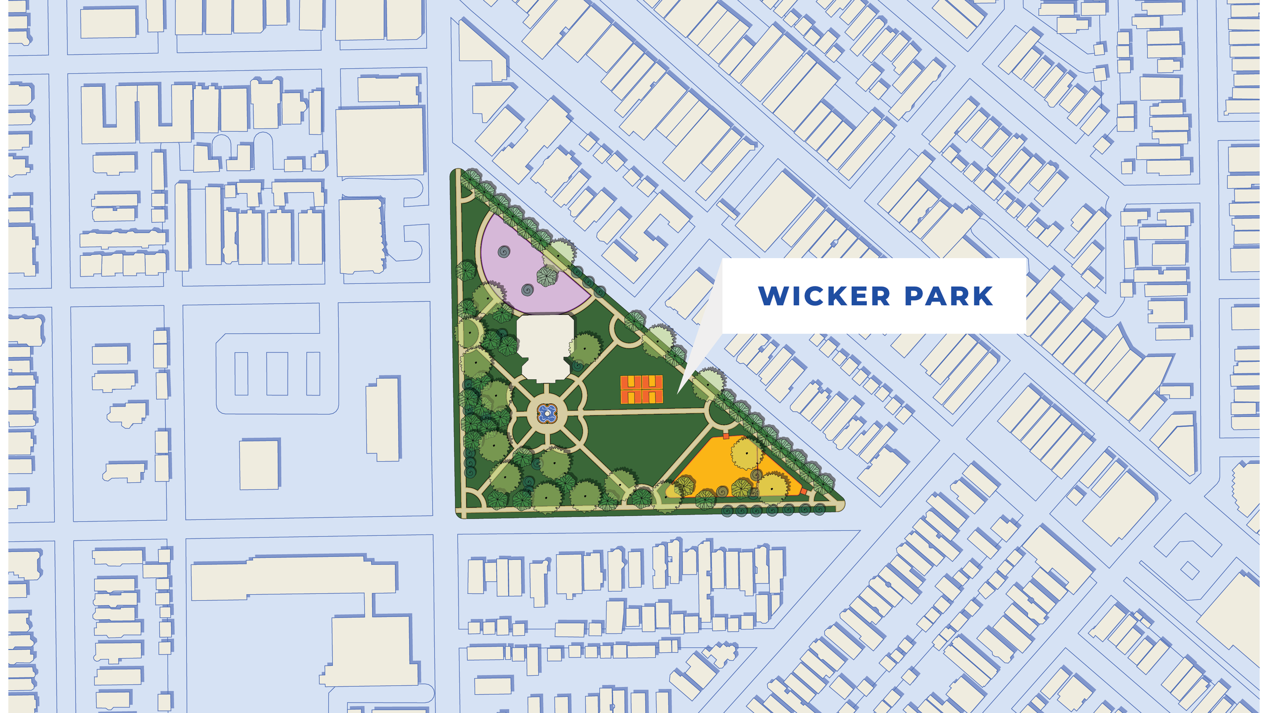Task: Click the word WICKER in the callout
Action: pyautogui.click(x=824, y=296)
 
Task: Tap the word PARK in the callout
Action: pyautogui.click(x=948, y=296)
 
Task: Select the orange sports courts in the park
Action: pyautogui.click(x=642, y=389)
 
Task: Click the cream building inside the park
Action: pyautogui.click(x=545, y=347)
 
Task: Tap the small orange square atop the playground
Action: pyautogui.click(x=726, y=436)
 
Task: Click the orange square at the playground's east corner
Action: pyautogui.click(x=803, y=491)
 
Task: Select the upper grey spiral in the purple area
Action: pyautogui.click(x=504, y=252)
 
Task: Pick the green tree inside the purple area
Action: pyautogui.click(x=546, y=276)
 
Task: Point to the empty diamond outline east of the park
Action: pyautogui.click(x=1189, y=571)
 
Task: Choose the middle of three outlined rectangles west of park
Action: pyautogui.click(x=277, y=374)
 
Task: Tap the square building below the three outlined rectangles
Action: pyautogui.click(x=259, y=465)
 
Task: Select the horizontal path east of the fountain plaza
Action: pyautogui.click(x=644, y=413)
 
